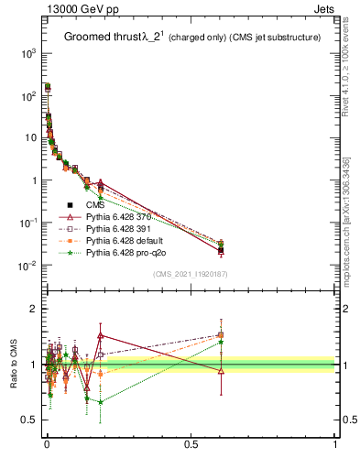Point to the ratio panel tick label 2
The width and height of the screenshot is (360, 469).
33,309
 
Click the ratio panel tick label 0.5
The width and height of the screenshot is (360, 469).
28,421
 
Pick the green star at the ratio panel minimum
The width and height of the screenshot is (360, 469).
100,401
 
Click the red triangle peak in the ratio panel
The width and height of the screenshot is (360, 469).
100,335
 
